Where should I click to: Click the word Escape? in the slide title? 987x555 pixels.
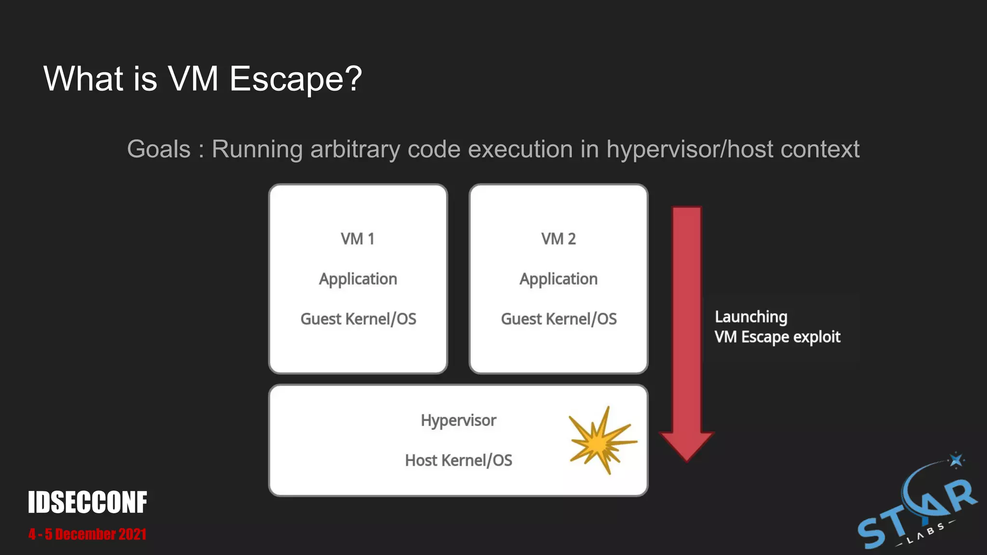pos(295,79)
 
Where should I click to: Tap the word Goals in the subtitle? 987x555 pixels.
pos(159,149)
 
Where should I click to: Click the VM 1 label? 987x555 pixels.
pos(357,239)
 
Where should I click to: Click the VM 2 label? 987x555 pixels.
pos(558,239)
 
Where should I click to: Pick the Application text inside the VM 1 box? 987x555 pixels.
pos(358,279)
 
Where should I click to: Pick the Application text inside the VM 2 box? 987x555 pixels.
pos(558,279)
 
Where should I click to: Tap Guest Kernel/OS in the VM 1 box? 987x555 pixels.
pos(358,319)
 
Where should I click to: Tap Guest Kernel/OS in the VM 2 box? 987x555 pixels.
pos(559,319)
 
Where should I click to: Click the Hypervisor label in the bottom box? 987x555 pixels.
pos(458,421)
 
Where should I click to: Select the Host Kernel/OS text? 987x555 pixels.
pos(458,461)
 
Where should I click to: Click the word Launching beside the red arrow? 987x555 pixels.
pos(751,317)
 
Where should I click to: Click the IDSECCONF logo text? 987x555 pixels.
pos(87,502)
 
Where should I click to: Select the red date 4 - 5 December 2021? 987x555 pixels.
pos(87,534)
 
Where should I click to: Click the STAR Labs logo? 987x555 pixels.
pos(916,513)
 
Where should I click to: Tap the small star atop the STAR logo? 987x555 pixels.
pos(956,460)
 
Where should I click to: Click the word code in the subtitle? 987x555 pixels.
pos(434,149)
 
